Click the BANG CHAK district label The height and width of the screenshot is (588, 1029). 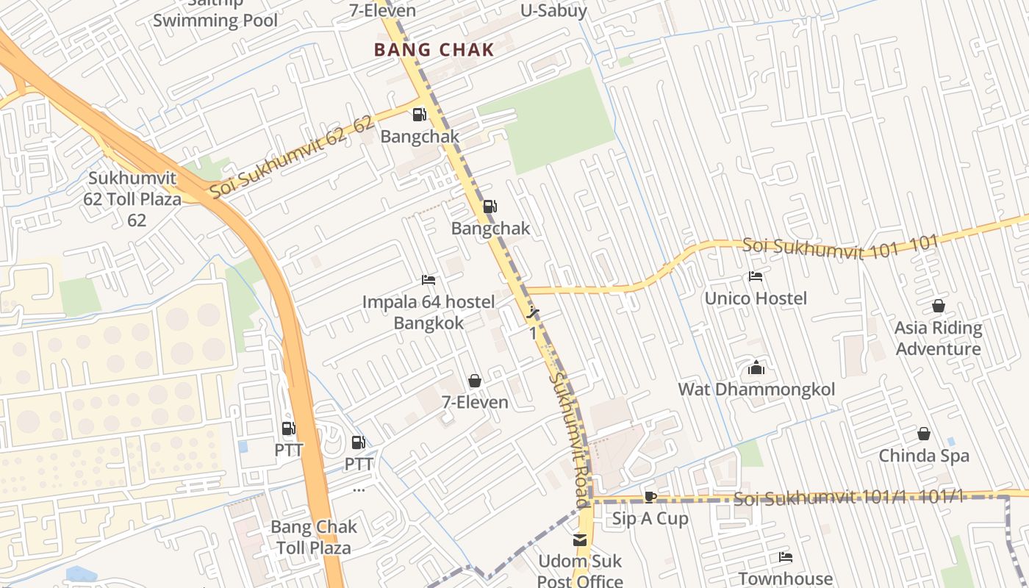click(434, 50)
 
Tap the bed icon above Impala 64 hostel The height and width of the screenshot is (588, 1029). click(429, 280)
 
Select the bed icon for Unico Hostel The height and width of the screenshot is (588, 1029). click(755, 277)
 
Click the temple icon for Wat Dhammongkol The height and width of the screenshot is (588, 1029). click(756, 368)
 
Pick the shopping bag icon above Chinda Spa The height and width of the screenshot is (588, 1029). click(924, 434)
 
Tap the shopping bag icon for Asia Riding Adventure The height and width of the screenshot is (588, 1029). click(938, 306)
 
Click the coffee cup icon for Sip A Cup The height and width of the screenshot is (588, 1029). click(650, 498)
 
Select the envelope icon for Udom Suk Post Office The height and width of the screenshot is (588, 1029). click(580, 540)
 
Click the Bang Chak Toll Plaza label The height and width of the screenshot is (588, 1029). click(314, 537)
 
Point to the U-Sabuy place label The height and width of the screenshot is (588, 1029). click(553, 10)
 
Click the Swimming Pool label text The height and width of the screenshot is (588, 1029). click(215, 20)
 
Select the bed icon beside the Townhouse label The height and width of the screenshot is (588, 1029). click(786, 557)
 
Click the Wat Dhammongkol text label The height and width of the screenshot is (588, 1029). click(756, 390)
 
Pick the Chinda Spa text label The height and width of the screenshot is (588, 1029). click(924, 456)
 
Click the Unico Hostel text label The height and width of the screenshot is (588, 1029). click(756, 298)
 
